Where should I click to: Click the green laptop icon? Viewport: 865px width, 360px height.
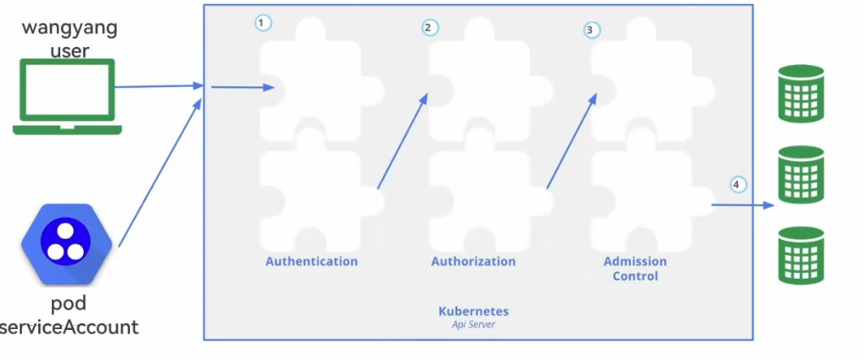tap(67, 96)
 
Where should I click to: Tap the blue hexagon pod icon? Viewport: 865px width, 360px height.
tap(65, 242)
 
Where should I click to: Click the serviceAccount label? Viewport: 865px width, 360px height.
tap(70, 327)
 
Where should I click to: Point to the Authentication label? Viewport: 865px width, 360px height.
tap(311, 262)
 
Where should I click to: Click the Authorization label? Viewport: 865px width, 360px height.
tap(473, 262)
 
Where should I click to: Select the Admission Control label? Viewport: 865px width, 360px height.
tap(635, 269)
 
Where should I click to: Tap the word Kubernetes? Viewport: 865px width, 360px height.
tap(473, 311)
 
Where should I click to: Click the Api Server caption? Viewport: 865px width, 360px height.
tap(473, 324)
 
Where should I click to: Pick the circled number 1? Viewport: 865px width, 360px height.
tap(262, 23)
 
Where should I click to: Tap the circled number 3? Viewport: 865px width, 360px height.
tap(590, 30)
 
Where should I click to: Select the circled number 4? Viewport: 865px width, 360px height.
tap(737, 184)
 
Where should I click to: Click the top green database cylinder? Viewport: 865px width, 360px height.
tap(801, 94)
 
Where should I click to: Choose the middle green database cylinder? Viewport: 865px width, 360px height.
tap(801, 175)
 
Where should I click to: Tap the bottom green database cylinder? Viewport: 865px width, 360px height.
tap(801, 255)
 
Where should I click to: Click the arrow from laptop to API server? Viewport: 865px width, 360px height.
tap(159, 85)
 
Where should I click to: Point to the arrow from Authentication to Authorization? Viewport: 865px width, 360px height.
tap(402, 141)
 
